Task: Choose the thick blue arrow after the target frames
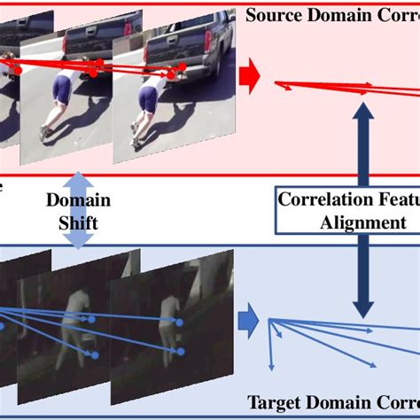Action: coord(249,314)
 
